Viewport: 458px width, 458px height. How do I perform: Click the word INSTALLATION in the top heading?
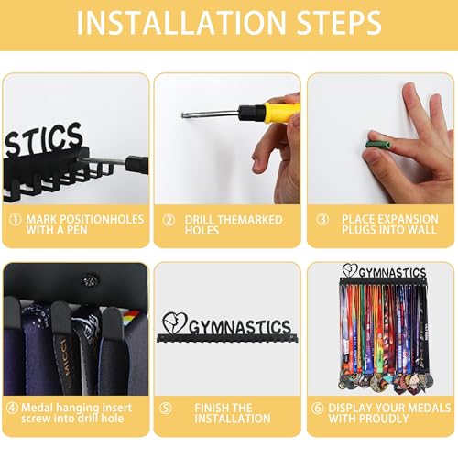tap(181, 23)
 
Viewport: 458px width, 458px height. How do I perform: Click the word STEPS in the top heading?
tap(339, 23)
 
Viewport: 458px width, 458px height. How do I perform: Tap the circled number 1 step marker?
tap(16, 220)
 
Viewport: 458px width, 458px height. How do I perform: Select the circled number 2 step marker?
tap(169, 220)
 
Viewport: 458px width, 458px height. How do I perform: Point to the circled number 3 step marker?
tap(322, 219)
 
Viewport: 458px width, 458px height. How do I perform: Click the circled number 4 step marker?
tap(12, 408)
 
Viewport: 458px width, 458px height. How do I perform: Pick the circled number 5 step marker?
tap(166, 409)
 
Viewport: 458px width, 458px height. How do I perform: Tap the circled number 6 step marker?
tap(318, 408)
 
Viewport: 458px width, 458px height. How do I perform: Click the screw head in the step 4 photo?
tap(91, 280)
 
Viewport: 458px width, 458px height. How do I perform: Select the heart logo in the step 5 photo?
tap(174, 323)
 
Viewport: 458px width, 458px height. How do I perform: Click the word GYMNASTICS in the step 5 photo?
tap(240, 327)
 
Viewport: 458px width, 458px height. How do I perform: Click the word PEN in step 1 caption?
tap(77, 230)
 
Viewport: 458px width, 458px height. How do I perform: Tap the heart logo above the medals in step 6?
tap(350, 270)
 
